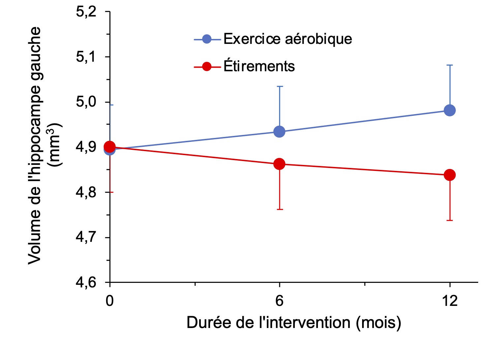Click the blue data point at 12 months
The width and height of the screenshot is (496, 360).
tap(449, 110)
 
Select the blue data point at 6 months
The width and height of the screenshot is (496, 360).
tap(279, 132)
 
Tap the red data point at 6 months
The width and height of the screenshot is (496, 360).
tap(279, 164)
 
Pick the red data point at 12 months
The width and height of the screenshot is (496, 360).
tap(449, 175)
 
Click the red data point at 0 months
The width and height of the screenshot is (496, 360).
tap(109, 147)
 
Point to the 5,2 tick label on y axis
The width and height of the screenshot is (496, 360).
tap(86, 12)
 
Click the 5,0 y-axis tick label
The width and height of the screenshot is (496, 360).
tap(86, 102)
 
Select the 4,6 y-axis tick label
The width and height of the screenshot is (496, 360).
tap(86, 283)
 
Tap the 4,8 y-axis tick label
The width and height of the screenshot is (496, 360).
tap(86, 192)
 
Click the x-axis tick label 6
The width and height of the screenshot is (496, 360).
tap(279, 301)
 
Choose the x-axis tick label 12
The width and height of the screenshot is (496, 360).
tap(449, 301)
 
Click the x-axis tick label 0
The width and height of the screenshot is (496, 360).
tap(109, 301)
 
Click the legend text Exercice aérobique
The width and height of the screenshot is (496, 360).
tap(288, 39)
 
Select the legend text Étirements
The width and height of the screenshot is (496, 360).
tap(259, 66)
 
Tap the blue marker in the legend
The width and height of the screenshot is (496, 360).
tap(207, 39)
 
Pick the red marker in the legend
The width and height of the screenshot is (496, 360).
tap(207, 67)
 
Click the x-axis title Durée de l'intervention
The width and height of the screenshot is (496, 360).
tap(294, 322)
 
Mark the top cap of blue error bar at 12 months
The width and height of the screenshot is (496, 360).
tap(449, 65)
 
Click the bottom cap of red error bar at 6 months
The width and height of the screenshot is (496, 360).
tap(279, 209)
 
